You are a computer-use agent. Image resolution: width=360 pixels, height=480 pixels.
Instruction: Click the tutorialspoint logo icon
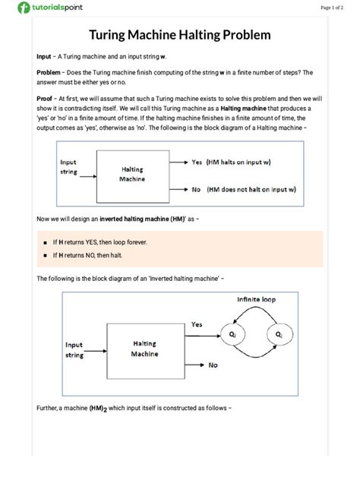[x=24, y=8]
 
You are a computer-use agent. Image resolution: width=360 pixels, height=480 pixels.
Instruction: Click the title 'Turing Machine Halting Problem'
[x=180, y=35]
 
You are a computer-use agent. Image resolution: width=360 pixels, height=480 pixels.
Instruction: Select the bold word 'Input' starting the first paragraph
[x=44, y=57]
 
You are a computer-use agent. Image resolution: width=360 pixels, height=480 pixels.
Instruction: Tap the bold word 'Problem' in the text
[x=49, y=72]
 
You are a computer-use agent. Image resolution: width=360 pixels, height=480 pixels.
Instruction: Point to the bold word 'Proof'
[x=45, y=99]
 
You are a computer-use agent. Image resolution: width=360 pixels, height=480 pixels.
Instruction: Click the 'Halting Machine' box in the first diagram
[x=132, y=175]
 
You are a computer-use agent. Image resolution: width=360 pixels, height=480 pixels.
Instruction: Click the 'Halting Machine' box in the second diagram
[x=144, y=349]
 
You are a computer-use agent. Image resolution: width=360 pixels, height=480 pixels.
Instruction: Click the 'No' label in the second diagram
[x=214, y=365]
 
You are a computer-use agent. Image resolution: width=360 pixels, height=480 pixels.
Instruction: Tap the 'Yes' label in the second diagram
[x=197, y=325]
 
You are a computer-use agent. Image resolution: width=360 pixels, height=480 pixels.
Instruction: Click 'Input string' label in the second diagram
[x=74, y=349]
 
